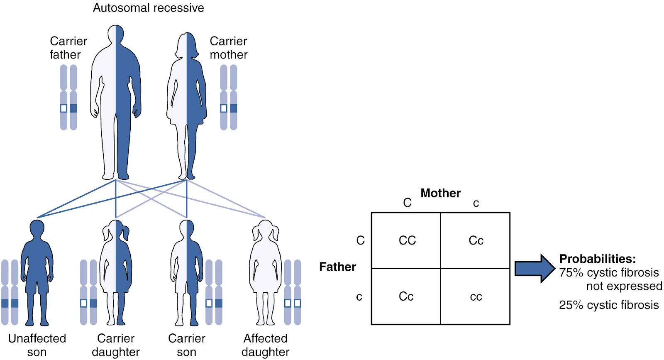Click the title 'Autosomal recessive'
pos(148,8)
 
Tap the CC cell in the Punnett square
pos(407,240)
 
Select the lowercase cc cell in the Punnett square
pos(476,296)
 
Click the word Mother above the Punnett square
pos(440,193)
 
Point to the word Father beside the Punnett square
pos(337,267)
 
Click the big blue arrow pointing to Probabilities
pos(534,269)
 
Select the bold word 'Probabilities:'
pos(597,259)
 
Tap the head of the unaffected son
pos(37,230)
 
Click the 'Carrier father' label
pos(68,48)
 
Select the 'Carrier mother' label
pos(228,48)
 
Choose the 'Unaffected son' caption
pos(37,345)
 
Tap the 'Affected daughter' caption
pos(266,345)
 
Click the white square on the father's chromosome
pos(63,108)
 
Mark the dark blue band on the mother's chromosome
pos(234,108)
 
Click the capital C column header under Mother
pos(407,203)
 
